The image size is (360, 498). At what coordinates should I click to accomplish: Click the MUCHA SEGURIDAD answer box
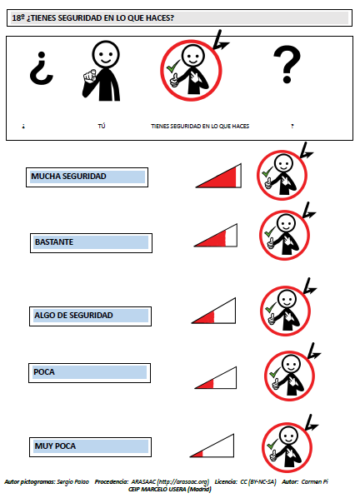click(87, 177)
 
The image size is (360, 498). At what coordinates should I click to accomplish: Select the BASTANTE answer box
click(91, 243)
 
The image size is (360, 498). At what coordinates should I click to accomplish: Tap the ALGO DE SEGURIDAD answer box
click(90, 316)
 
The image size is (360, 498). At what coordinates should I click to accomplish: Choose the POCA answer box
click(89, 373)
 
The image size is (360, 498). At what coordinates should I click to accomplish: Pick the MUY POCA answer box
click(90, 447)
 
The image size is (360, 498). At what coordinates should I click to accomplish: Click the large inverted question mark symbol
click(42, 68)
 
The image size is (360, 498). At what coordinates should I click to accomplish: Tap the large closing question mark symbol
click(287, 64)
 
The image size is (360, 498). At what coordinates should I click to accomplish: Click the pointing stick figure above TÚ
click(102, 71)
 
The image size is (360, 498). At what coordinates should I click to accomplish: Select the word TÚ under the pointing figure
click(102, 126)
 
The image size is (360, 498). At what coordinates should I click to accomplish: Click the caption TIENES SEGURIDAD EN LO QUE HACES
click(200, 126)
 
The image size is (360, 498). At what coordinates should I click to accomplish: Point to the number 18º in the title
click(18, 17)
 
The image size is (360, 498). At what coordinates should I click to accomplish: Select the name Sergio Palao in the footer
click(72, 482)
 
